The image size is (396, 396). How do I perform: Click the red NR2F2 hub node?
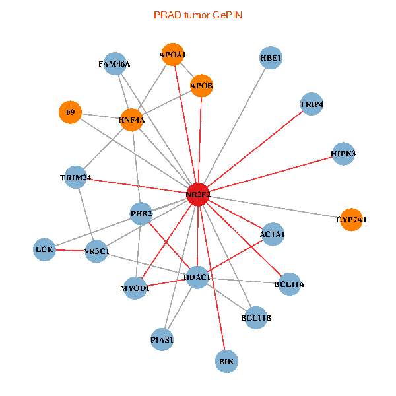pos(198,195)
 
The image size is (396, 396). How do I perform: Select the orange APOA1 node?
pos(173,55)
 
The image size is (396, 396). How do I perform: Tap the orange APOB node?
pos(201,86)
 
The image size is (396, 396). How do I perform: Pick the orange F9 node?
pos(70,113)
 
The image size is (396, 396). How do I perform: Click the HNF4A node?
pos(131,119)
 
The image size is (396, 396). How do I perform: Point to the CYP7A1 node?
pos(352,219)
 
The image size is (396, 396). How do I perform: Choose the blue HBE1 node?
pos(271,58)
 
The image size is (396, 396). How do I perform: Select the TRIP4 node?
pos(311,104)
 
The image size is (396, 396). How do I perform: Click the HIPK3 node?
pos(343,154)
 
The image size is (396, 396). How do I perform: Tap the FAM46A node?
pos(115,64)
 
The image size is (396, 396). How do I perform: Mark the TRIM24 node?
pos(75,178)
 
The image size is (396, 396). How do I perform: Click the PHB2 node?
pos(141,213)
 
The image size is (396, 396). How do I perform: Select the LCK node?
pos(44,249)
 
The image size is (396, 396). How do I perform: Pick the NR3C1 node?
pos(96,251)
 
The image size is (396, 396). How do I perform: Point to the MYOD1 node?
pos(135,288)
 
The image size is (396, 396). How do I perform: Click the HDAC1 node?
pos(197,278)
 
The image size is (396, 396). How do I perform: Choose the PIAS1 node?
pos(162,340)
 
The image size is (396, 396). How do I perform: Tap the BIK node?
pos(226,362)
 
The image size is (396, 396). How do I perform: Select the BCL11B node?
pos(256,318)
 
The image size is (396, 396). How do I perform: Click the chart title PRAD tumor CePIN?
pos(197,15)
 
